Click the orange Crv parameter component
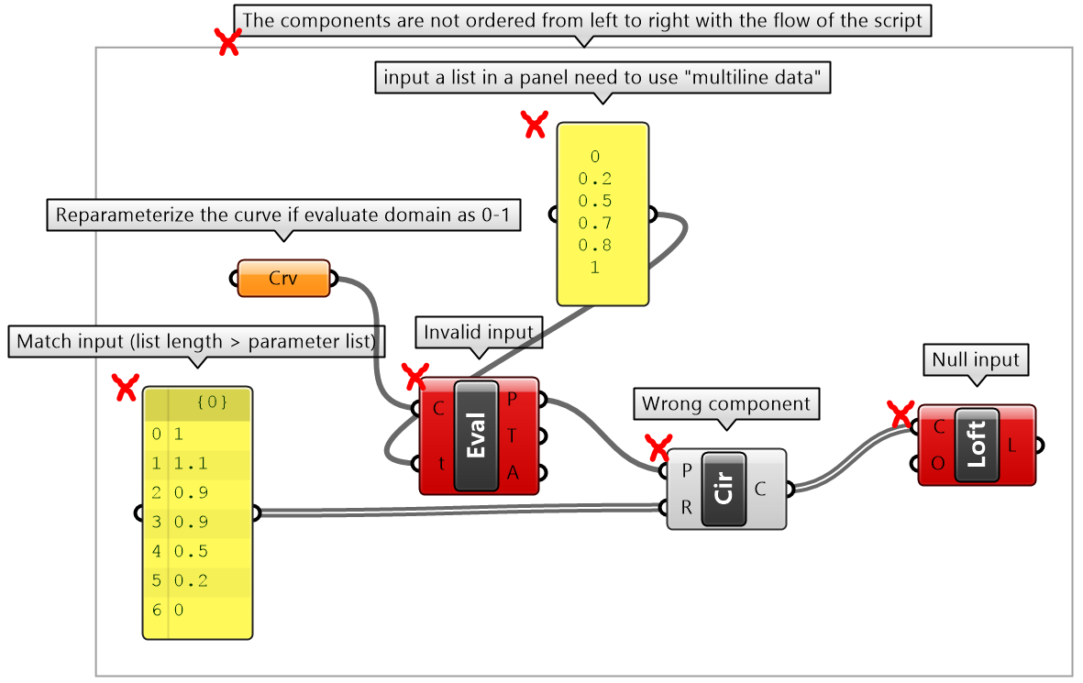283,278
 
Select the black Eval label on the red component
477,435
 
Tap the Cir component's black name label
725,489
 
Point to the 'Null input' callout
975,360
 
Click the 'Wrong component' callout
725,403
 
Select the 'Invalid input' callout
478,333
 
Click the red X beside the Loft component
901,414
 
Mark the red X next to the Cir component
658,448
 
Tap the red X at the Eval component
415,375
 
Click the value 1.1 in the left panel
185,463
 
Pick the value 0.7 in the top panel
594,223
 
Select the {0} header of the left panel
211,402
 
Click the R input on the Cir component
687,507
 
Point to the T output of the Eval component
513,435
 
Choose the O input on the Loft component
938,464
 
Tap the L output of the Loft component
1011,446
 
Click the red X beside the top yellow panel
534,125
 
